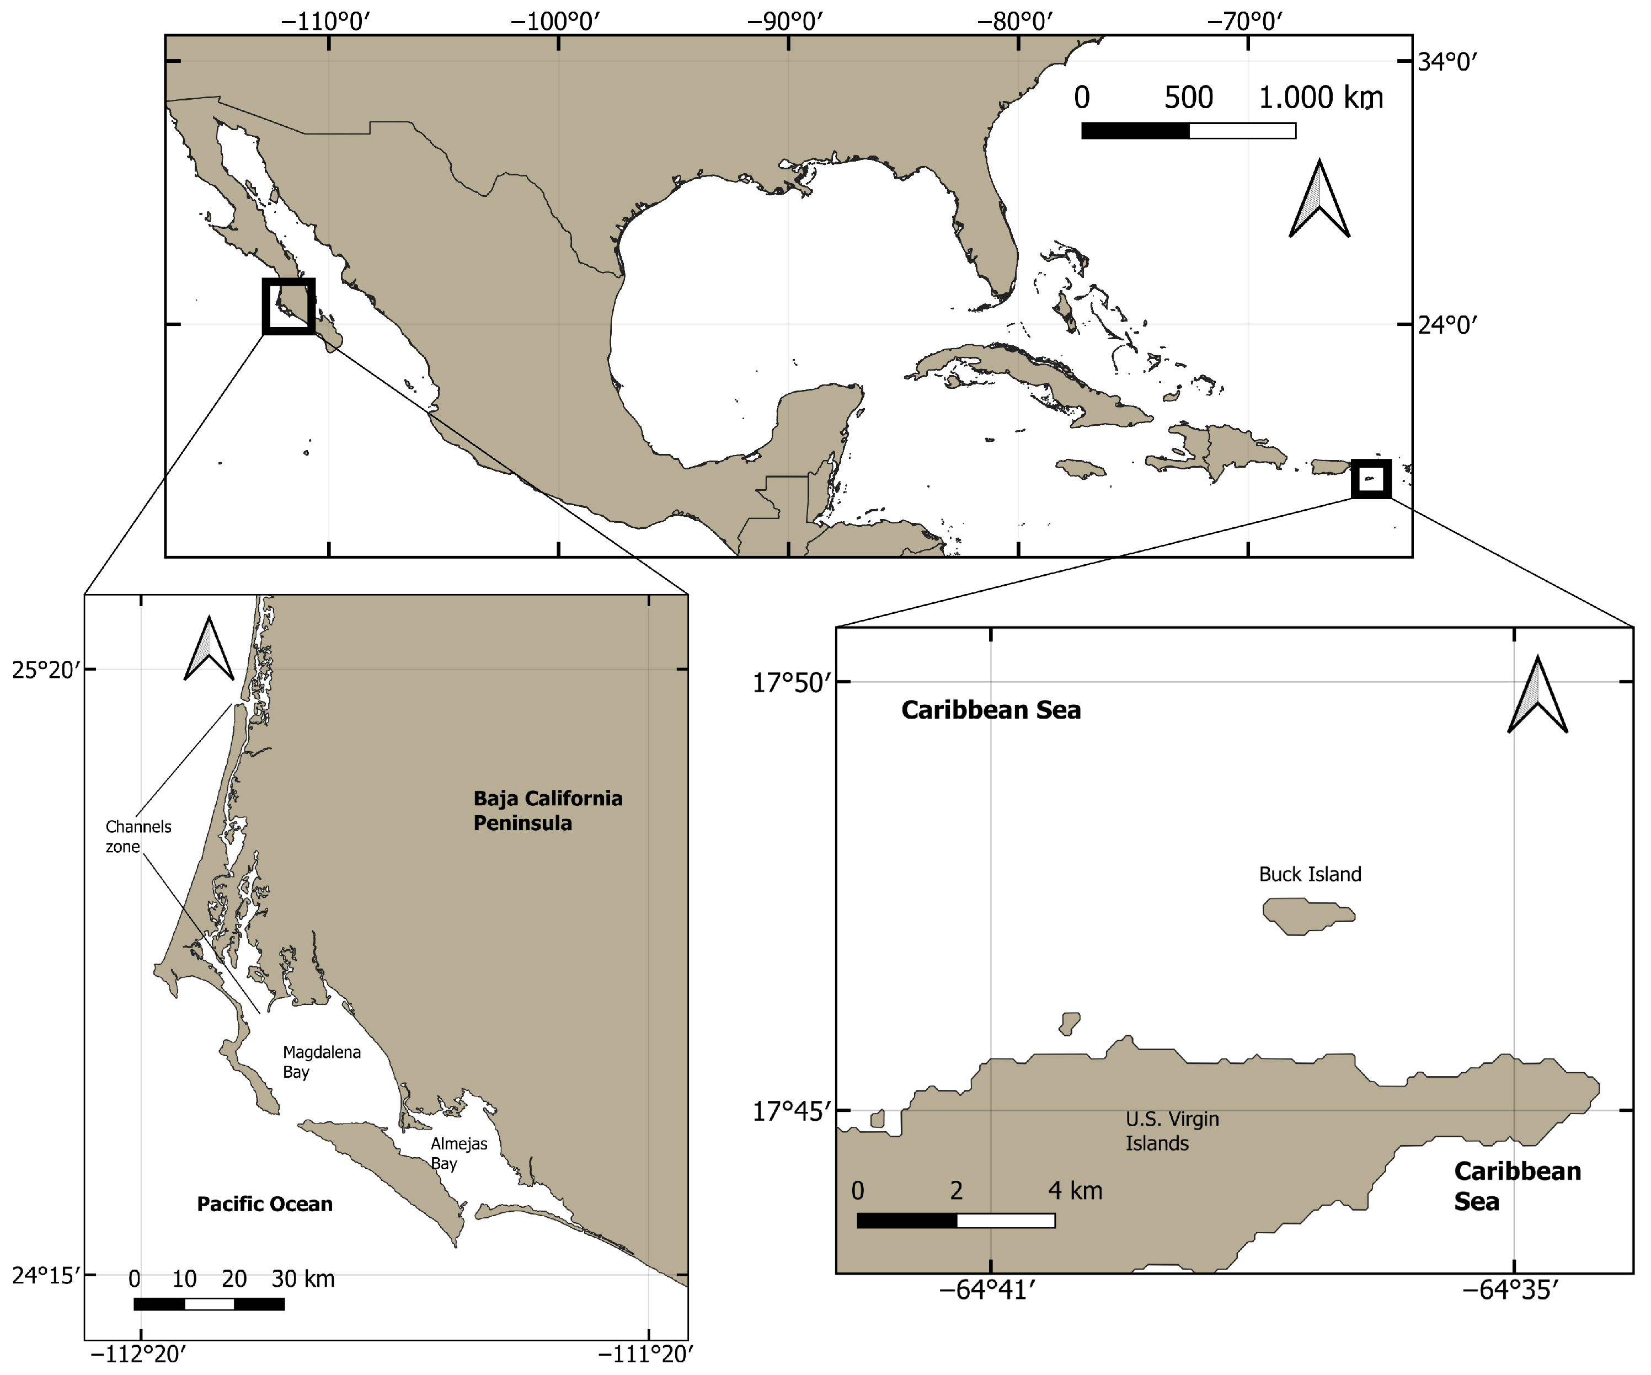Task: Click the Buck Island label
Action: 1310,874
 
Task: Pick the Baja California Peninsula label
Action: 547,811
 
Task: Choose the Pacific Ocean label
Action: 264,1203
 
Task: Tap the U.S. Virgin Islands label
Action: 1172,1131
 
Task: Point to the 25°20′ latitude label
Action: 46,671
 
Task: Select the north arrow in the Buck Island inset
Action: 1537,694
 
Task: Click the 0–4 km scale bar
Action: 956,1220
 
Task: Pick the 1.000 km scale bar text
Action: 1321,98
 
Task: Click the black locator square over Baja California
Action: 288,306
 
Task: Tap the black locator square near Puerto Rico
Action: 1371,479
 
